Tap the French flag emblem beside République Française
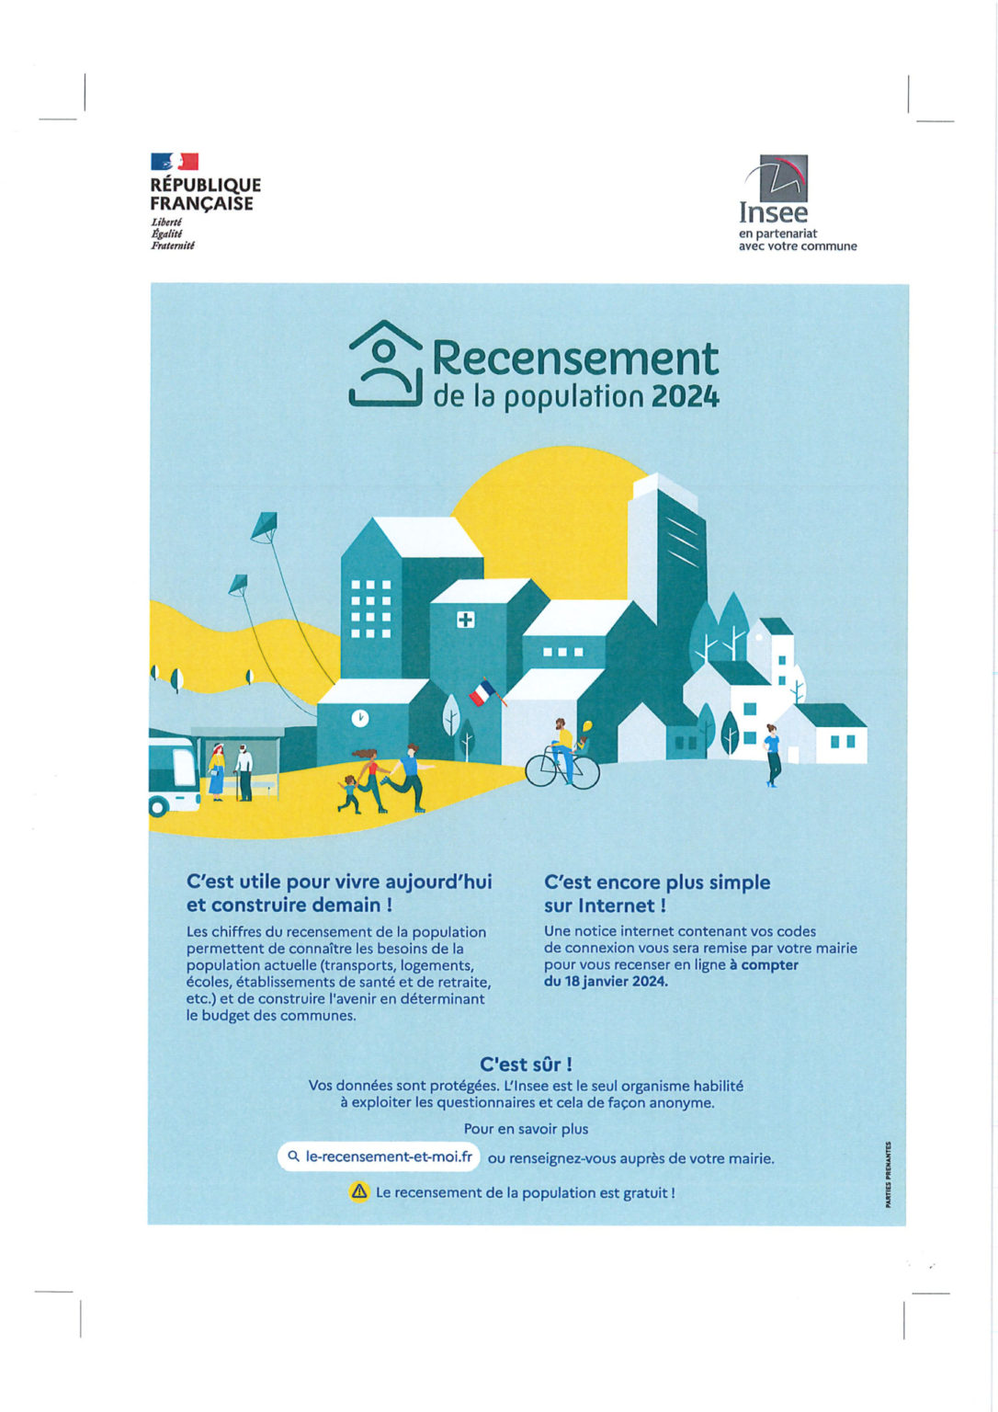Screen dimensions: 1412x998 point(175,162)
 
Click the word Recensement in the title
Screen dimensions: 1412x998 point(575,359)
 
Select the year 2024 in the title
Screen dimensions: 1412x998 point(685,396)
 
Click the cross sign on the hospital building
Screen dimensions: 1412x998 point(466,620)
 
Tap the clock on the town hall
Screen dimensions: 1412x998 point(360,717)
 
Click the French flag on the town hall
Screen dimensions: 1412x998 point(482,692)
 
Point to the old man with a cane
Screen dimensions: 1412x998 point(244,770)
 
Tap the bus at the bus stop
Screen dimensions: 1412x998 point(173,770)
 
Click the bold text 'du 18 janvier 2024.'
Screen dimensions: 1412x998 point(606,981)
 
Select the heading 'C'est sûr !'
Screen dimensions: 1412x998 point(526,1065)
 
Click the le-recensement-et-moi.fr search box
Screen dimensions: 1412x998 point(379,1156)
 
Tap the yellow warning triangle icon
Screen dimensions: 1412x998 point(358,1192)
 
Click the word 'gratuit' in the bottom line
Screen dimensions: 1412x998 point(644,1192)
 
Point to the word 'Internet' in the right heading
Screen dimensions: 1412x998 point(618,905)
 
